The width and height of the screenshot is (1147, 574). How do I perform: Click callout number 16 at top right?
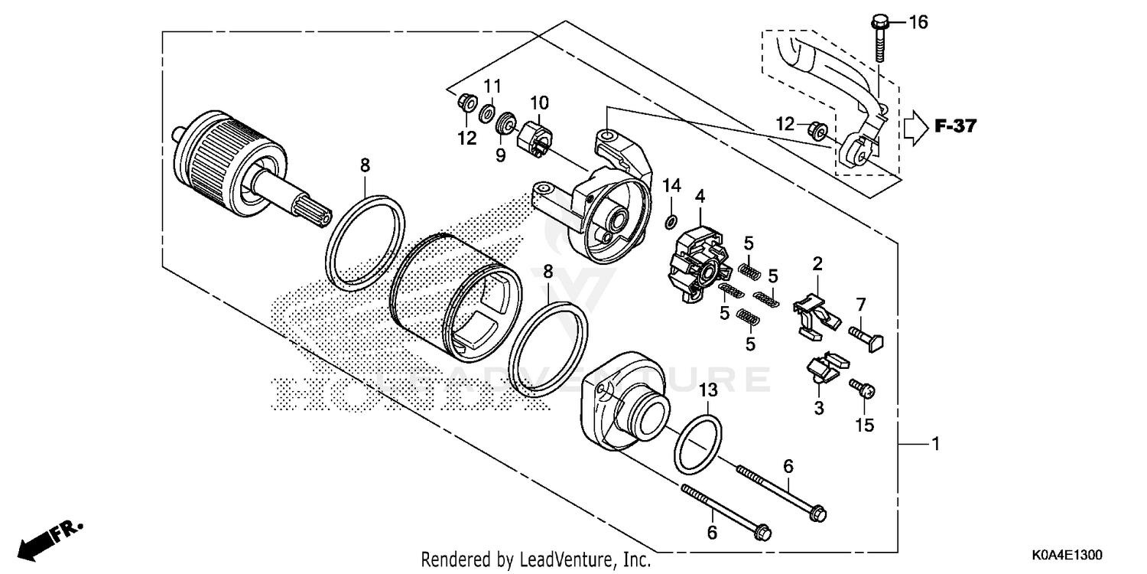[x=918, y=22]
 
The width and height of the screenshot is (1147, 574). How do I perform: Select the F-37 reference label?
[x=955, y=126]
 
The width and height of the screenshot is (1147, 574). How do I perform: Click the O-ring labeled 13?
[x=697, y=445]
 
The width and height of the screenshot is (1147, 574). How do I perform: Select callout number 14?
[x=671, y=185]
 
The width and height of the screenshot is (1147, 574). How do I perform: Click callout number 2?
[x=817, y=265]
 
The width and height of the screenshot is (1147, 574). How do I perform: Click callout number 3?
[x=819, y=409]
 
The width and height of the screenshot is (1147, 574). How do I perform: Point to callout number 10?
[x=539, y=103]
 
